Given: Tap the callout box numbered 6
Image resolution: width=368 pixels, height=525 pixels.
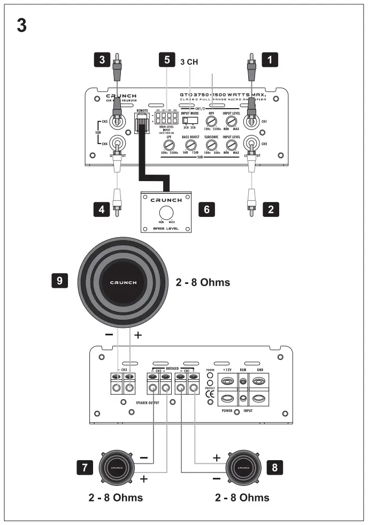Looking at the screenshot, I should (207, 209).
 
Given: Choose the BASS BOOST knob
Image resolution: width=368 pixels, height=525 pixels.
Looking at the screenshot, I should (189, 145).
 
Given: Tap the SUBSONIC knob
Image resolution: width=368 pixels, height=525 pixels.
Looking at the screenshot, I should (210, 145).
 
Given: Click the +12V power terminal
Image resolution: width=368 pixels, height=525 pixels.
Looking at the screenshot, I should (228, 381).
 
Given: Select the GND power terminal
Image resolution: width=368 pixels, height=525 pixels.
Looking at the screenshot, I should (259, 381).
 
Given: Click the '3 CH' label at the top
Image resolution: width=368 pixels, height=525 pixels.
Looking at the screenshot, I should (188, 62).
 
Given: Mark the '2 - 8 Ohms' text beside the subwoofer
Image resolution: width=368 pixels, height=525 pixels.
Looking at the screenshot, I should (203, 282).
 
